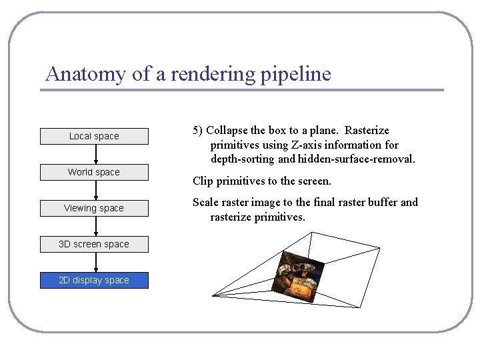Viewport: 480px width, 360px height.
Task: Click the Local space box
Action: tap(94, 136)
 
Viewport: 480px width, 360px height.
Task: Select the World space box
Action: tap(94, 172)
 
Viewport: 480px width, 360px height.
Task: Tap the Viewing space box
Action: tap(94, 208)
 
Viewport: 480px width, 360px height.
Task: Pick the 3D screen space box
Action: tap(94, 244)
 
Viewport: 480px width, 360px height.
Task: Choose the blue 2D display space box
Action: tap(94, 280)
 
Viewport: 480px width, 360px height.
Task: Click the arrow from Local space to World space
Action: tap(96, 154)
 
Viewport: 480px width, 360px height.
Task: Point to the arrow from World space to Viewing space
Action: tap(96, 190)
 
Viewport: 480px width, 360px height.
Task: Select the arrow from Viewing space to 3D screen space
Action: tap(96, 226)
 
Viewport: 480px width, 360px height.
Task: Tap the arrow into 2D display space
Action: tap(96, 262)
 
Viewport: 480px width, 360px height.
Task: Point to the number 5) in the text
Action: tap(198, 130)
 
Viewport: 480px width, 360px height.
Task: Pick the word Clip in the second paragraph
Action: tap(203, 181)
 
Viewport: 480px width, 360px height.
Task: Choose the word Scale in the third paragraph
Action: tap(206, 202)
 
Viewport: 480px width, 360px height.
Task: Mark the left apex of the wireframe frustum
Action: tap(213, 294)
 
